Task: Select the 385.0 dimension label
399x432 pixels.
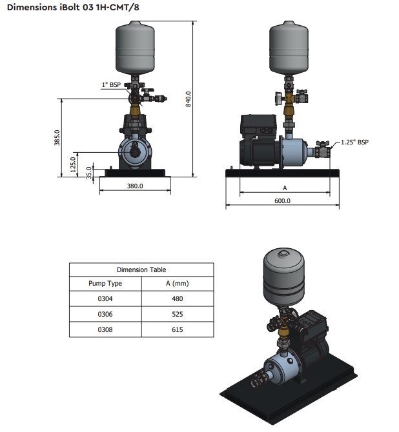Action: tap(57, 137)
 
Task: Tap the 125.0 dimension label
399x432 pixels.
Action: tap(73, 162)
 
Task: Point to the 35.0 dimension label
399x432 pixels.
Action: tap(89, 171)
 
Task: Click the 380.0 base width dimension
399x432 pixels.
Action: tap(134, 186)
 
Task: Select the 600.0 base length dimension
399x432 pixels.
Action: tap(282, 201)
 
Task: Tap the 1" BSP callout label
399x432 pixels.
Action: tap(110, 84)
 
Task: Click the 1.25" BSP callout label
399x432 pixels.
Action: tap(354, 142)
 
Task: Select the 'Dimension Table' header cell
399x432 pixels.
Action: tap(141, 270)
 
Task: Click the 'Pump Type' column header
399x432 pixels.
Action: tap(105, 284)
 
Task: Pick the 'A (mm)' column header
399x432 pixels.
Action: tap(177, 284)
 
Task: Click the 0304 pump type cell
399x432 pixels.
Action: tap(105, 299)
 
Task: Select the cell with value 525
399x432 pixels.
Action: tap(177, 314)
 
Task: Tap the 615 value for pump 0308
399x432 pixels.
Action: tap(177, 329)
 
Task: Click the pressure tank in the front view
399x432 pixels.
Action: tap(135, 46)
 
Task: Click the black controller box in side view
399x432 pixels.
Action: tap(258, 126)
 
